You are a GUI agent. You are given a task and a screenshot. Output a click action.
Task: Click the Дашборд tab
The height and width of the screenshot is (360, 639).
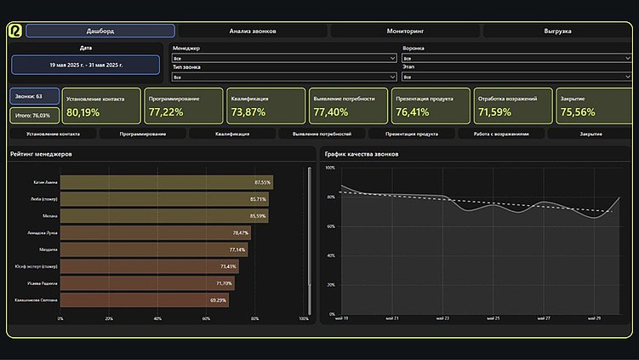(x=100, y=31)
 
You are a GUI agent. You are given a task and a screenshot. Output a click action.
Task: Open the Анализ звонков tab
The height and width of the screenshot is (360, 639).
(x=253, y=31)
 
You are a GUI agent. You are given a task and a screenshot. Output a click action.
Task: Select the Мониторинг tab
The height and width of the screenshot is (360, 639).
(x=406, y=31)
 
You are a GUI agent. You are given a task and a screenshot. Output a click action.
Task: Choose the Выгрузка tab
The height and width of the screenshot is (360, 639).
(x=558, y=31)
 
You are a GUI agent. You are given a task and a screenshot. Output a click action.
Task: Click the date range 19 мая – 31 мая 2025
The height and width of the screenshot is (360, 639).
(x=86, y=65)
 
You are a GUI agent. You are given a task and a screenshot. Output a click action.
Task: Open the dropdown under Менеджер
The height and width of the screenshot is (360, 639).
(x=284, y=59)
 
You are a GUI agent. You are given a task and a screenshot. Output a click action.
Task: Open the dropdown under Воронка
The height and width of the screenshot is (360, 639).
(x=514, y=59)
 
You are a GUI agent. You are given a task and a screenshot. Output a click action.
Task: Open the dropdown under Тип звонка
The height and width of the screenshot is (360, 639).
(x=284, y=77)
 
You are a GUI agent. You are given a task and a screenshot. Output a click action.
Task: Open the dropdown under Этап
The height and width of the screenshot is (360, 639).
(x=514, y=77)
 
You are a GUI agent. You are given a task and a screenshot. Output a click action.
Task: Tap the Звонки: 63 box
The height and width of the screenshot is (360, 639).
(x=35, y=96)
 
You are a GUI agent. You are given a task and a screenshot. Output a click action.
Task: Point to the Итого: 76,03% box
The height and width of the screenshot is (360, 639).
(x=35, y=115)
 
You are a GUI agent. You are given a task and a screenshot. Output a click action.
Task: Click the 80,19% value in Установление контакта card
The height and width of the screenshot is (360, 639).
(x=83, y=112)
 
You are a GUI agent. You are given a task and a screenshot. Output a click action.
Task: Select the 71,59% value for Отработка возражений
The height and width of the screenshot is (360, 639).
(x=495, y=112)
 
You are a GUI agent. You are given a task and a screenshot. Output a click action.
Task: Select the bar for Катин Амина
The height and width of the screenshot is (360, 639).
(x=166, y=182)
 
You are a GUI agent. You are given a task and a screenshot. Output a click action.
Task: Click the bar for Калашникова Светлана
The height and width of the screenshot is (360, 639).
(x=145, y=300)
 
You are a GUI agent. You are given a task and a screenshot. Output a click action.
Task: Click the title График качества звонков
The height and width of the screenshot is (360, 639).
(x=362, y=154)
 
